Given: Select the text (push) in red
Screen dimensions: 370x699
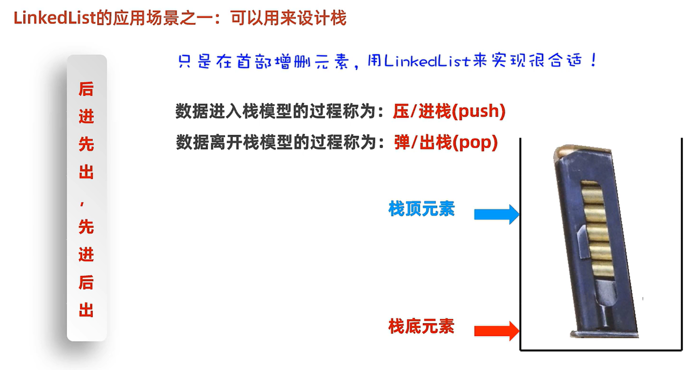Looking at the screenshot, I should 479,111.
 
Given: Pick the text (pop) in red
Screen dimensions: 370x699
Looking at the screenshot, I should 475,143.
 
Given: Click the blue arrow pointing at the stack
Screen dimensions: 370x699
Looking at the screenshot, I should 496,214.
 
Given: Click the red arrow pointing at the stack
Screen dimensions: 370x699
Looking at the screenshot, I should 496,331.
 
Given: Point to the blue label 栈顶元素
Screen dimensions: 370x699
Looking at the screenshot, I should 421,209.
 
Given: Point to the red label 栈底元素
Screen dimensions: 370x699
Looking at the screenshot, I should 421,327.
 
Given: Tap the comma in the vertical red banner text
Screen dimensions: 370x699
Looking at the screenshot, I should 82,204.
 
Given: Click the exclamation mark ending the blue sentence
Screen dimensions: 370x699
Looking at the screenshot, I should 594,60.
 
